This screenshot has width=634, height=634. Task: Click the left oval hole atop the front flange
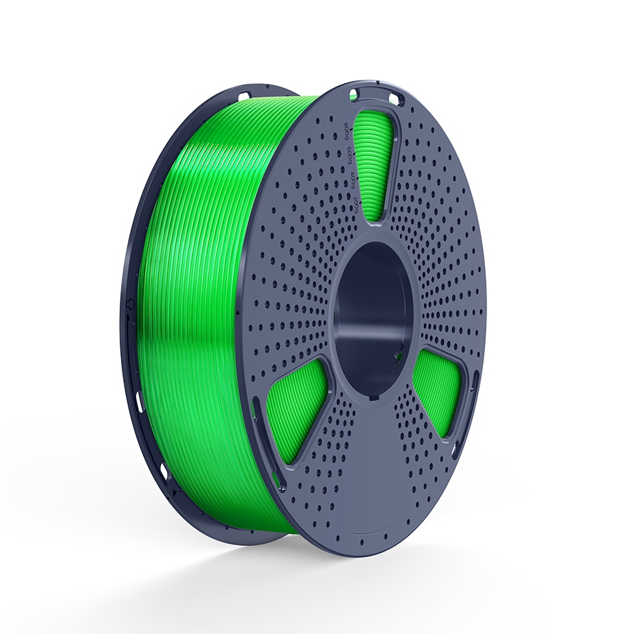(x=353, y=93)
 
